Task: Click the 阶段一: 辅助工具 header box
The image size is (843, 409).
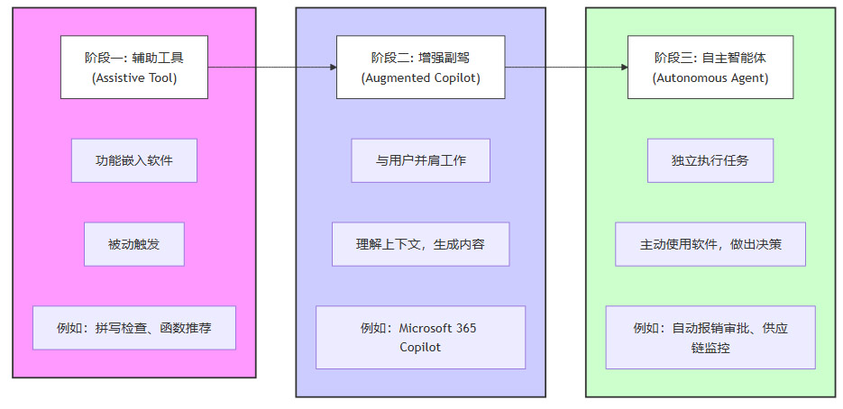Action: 134,68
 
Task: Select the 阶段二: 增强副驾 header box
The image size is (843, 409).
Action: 420,68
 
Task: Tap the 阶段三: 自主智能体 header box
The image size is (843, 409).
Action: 710,68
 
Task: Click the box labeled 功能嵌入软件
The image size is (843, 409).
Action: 134,161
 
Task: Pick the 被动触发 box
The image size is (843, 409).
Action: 134,244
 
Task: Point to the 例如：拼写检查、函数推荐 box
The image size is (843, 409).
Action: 134,328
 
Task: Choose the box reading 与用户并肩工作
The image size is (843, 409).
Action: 420,161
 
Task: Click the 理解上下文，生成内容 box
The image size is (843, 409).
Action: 420,244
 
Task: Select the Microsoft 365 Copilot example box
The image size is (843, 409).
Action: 420,337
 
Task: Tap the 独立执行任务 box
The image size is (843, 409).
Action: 710,161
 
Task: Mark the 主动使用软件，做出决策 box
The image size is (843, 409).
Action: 710,244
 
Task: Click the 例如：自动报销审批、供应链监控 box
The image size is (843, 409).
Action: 710,337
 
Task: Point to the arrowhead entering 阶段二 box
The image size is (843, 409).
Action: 333,68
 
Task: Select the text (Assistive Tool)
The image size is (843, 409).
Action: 134,78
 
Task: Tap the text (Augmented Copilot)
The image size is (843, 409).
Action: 420,78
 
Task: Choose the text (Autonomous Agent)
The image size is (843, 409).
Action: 710,78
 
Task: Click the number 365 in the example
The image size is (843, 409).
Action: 466,328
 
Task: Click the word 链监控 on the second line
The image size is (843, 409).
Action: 710,347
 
